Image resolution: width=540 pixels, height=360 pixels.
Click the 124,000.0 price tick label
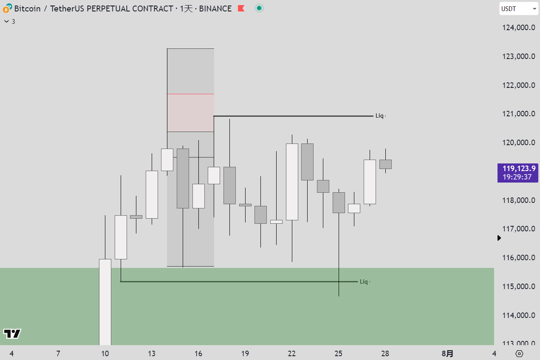click(x=518, y=28)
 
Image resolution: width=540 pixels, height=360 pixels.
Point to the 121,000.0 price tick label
click(x=518, y=114)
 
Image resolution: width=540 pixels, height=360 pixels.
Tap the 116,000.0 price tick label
click(x=518, y=258)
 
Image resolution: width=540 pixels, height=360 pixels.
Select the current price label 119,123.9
click(x=517, y=169)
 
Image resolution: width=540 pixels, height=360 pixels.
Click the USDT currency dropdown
click(x=518, y=8)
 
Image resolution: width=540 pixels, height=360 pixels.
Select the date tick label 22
click(x=291, y=354)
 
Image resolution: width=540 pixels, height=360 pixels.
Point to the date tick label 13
click(x=152, y=354)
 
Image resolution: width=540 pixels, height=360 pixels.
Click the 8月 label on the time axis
click(x=447, y=354)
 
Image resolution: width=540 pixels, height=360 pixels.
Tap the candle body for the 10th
click(x=105, y=301)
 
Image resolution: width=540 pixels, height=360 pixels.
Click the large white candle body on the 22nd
click(x=292, y=182)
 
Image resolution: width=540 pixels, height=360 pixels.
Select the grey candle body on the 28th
click(x=385, y=164)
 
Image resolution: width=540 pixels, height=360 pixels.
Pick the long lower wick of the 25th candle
click(x=339, y=255)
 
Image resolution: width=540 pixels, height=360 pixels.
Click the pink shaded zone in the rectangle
click(x=190, y=113)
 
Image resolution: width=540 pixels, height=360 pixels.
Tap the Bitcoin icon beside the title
click(x=7, y=8)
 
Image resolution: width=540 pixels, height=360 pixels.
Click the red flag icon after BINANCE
click(x=241, y=8)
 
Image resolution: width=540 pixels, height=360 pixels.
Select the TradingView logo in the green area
click(x=12, y=334)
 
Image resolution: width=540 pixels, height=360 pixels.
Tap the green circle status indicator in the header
click(x=259, y=8)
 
